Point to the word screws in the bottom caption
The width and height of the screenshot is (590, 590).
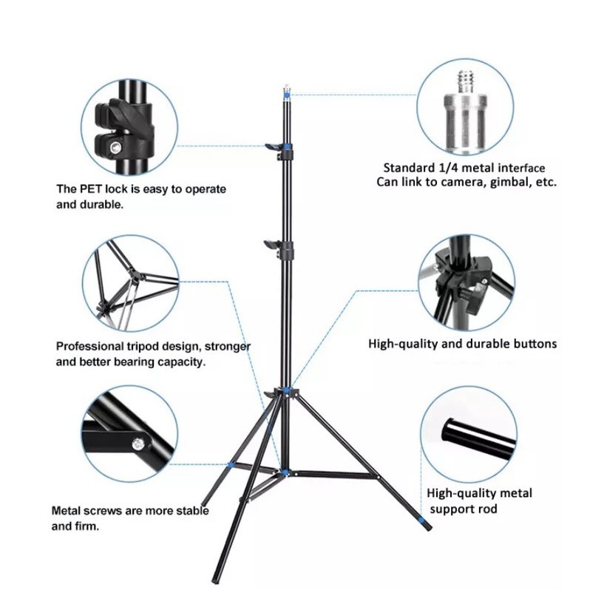click(101, 511)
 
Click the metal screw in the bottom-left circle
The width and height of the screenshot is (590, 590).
click(138, 444)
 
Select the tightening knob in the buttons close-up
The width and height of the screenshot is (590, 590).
click(476, 297)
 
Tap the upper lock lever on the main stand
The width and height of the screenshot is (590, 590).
click(274, 146)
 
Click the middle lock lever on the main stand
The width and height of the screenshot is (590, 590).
click(272, 243)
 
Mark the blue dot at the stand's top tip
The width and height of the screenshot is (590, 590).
click(287, 95)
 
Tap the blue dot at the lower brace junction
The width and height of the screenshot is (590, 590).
click(285, 472)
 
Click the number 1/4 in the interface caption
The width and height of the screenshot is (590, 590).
click(447, 167)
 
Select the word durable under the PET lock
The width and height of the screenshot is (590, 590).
click(101, 205)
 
